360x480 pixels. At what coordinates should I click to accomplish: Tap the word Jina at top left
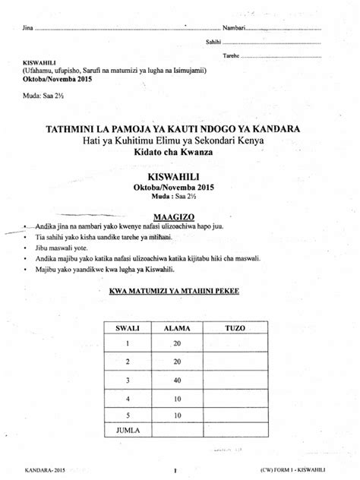(x=30, y=28)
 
